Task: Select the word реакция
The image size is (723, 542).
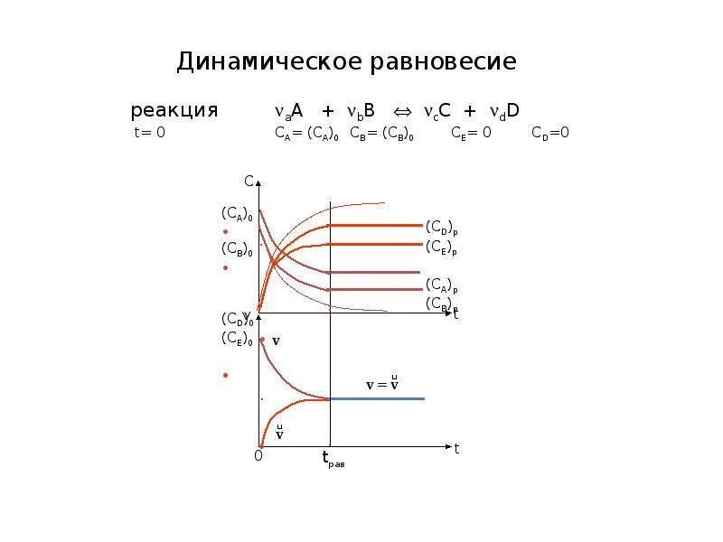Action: click(174, 111)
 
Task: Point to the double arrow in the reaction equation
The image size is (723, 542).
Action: click(402, 111)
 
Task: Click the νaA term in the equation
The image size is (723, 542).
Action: click(289, 111)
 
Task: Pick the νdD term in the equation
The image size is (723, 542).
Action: click(503, 111)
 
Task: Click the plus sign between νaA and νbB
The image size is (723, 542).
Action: click(328, 111)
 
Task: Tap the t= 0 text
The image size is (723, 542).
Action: click(149, 134)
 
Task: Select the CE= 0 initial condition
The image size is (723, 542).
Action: click(471, 134)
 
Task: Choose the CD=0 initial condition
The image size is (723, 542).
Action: click(549, 134)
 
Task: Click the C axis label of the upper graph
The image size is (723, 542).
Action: click(249, 181)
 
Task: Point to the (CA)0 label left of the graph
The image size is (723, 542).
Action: click(236, 214)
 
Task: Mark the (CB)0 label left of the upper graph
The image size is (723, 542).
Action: click(236, 249)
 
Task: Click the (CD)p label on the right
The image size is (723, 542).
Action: click(441, 227)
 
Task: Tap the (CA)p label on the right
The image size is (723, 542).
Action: click(441, 285)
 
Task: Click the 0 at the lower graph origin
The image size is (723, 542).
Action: click(258, 456)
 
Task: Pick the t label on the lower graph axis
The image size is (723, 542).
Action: click(457, 448)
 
